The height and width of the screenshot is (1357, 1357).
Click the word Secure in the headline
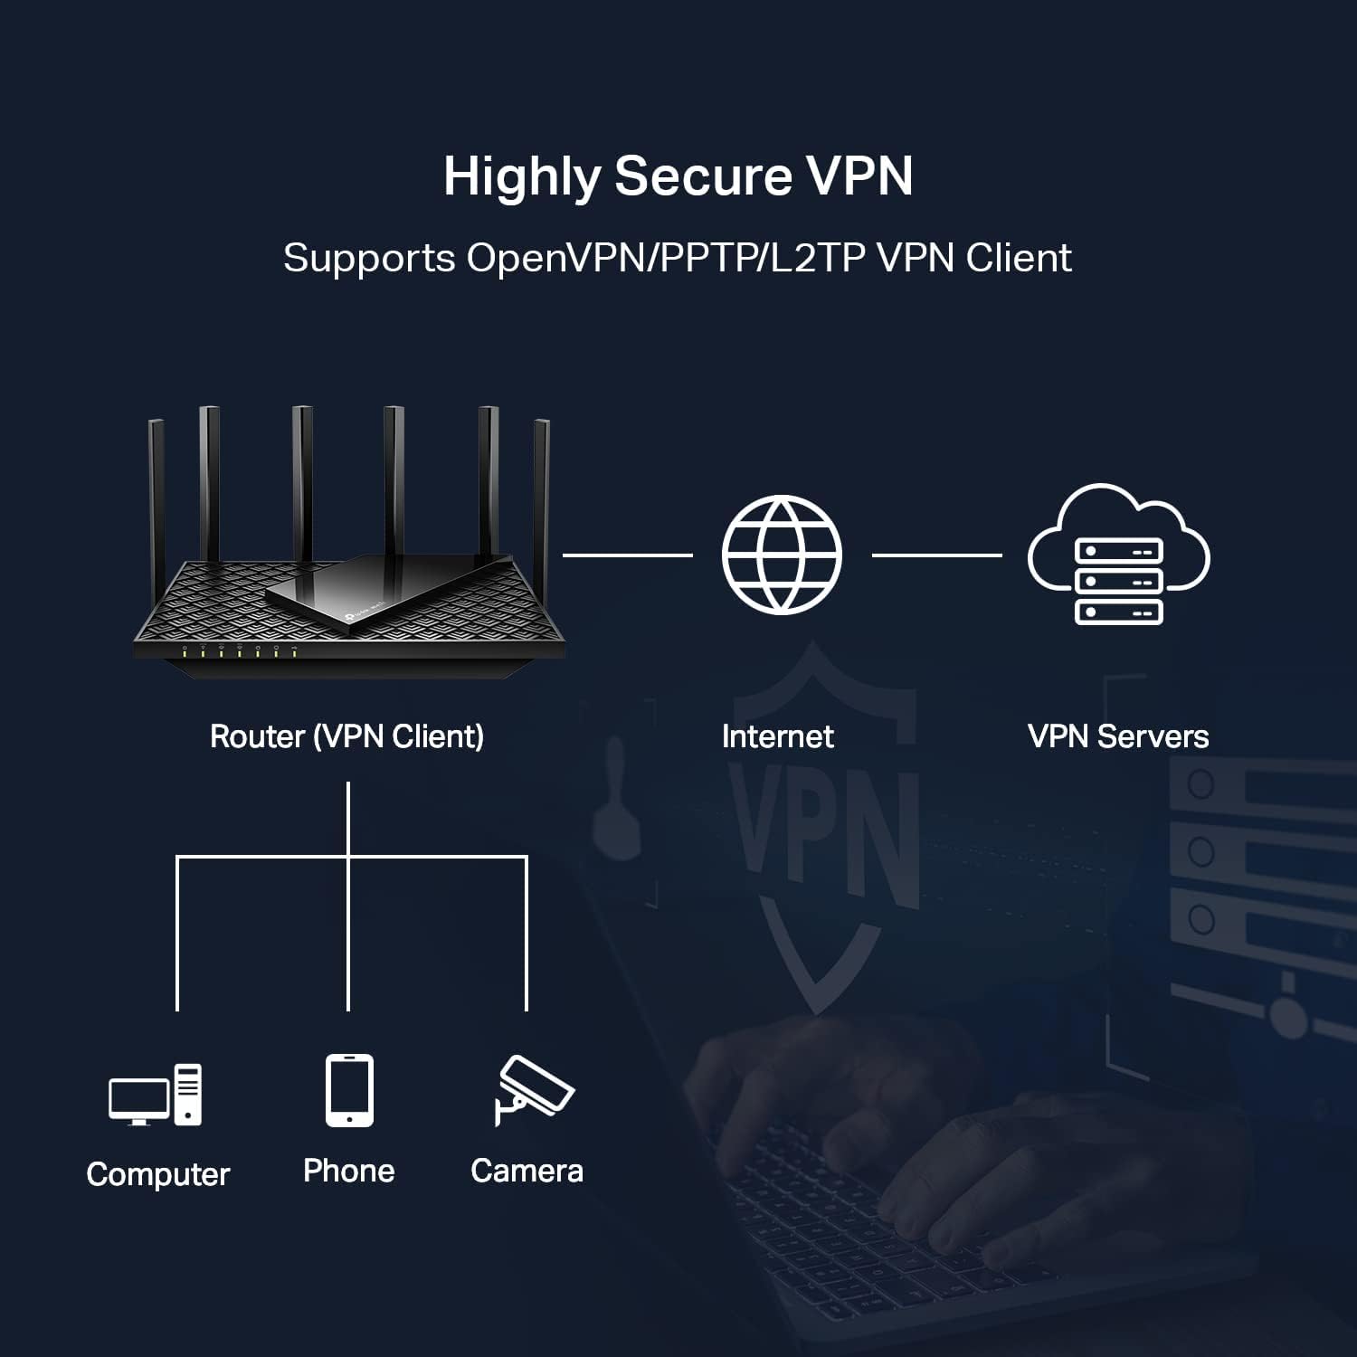click(x=703, y=176)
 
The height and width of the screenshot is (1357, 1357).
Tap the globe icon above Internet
click(x=782, y=555)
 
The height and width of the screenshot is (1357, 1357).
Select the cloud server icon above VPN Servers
click(x=1118, y=555)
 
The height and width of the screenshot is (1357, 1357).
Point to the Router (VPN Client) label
click(x=346, y=736)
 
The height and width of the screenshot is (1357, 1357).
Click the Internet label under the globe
click(x=777, y=736)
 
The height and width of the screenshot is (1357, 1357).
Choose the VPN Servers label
click(x=1118, y=736)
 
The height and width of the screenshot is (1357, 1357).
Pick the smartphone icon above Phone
click(x=349, y=1090)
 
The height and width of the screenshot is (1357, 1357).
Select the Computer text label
click(x=158, y=1174)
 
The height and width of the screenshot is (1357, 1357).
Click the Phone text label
click(x=349, y=1171)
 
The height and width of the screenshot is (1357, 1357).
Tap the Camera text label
click(x=527, y=1171)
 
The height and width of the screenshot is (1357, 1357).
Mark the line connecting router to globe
click(x=627, y=555)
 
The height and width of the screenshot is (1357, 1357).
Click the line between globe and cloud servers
click(x=936, y=555)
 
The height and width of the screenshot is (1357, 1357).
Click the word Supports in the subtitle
click(x=369, y=258)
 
